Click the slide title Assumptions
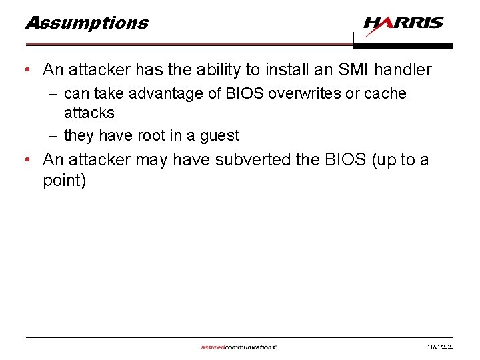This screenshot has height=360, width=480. tap(87, 23)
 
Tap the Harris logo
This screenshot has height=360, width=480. tap(403, 24)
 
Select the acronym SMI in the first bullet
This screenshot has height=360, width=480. tap(351, 69)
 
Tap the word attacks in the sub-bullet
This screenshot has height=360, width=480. tap(89, 113)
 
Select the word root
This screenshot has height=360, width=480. tap(151, 136)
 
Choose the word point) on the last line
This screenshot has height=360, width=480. tap(65, 181)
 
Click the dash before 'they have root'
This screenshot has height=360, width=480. tap(54, 136)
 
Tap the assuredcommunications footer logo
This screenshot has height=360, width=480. tap(239, 347)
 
